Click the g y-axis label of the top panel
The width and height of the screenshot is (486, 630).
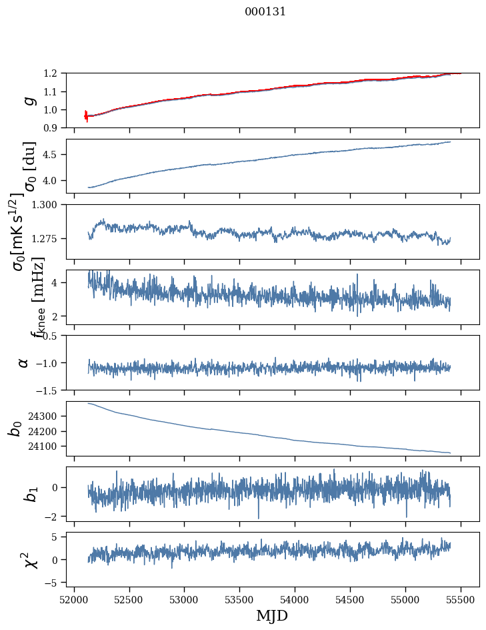pos(28,100)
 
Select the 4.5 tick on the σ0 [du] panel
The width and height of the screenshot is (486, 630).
pos(53,155)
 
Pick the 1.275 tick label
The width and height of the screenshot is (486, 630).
pos(47,238)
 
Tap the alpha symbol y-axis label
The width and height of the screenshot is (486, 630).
pos(23,362)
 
